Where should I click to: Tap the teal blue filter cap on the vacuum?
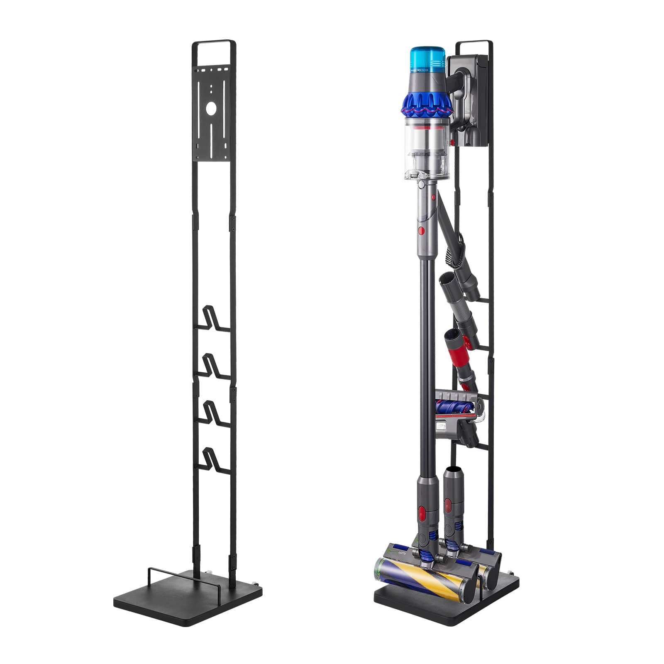pyautogui.click(x=427, y=58)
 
